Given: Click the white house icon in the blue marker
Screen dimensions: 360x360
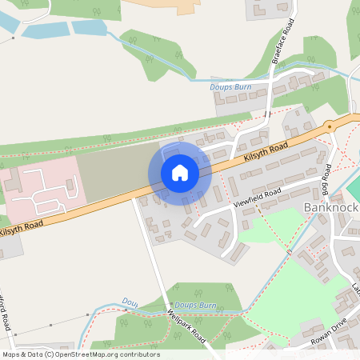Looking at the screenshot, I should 180,172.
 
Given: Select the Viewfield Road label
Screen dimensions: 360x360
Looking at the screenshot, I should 257,194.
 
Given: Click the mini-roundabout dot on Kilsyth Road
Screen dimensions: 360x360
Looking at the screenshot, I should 328,126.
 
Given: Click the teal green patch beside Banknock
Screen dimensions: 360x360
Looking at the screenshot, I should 354,189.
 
